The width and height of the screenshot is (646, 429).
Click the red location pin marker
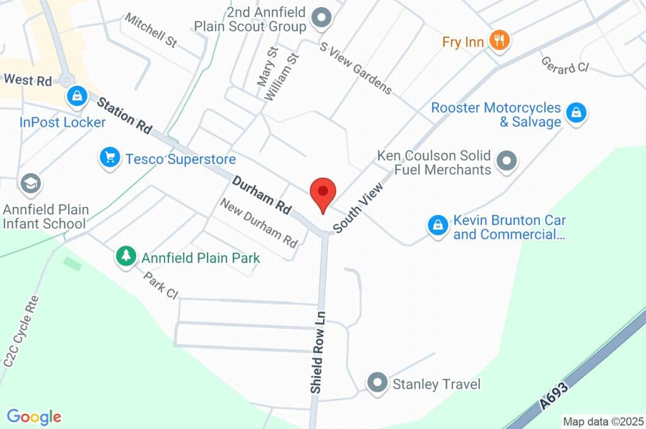pyautogui.click(x=323, y=192)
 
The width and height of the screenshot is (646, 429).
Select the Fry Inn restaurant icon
pyautogui.click(x=500, y=41)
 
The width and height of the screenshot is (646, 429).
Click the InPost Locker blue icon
pyautogui.click(x=76, y=97)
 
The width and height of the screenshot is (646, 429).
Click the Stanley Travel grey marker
pyautogui.click(x=377, y=382)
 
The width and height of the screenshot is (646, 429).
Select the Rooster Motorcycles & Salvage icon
pyautogui.click(x=575, y=114)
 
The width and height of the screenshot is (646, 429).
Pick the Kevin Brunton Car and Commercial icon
pyautogui.click(x=437, y=225)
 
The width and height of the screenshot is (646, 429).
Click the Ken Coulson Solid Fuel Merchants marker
pyautogui.click(x=507, y=162)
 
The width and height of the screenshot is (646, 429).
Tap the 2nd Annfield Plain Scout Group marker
pyautogui.click(x=322, y=19)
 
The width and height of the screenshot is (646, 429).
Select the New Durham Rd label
pyautogui.click(x=259, y=223)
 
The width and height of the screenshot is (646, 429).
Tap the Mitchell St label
pyautogui.click(x=151, y=31)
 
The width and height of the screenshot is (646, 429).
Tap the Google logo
pyautogui.click(x=34, y=416)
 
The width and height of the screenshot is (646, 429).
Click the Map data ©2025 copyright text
pyautogui.click(x=604, y=421)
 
